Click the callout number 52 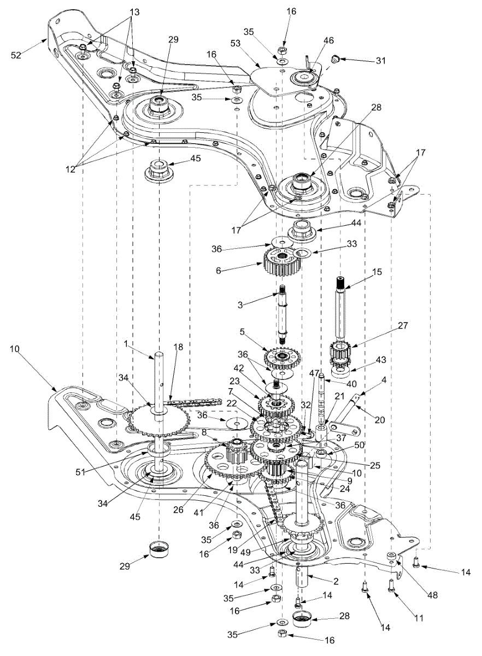pos(16,55)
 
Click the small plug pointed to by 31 pos(335,60)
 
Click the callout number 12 pos(70,169)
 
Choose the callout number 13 pos(134,13)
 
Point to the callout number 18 pos(178,347)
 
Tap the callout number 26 pos(178,510)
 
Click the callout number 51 pos(81,472)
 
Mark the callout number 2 pos(336,581)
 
